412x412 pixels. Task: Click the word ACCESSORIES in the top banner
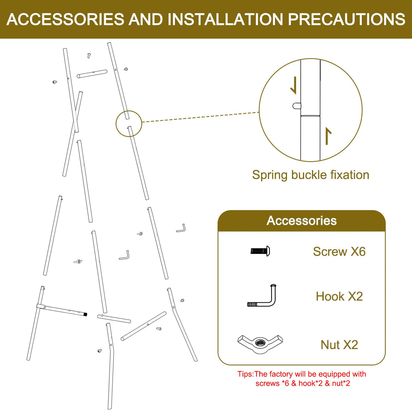pyautogui.click(x=65, y=19)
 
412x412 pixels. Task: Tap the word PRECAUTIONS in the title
pyautogui.click(x=347, y=19)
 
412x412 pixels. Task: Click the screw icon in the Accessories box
pyautogui.click(x=260, y=251)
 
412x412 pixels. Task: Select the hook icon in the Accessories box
pyautogui.click(x=262, y=296)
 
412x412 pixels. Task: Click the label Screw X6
pyautogui.click(x=339, y=251)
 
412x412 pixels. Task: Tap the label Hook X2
pyautogui.click(x=339, y=296)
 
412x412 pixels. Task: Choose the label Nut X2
pyautogui.click(x=339, y=345)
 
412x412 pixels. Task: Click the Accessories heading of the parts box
pyautogui.click(x=301, y=221)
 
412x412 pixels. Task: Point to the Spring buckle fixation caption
pyautogui.click(x=310, y=175)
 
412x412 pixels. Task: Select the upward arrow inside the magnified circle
pyautogui.click(x=327, y=136)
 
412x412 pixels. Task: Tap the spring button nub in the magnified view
pyautogui.click(x=297, y=106)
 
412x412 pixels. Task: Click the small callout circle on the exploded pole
pyautogui.click(x=129, y=124)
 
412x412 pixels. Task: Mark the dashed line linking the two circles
pyautogui.click(x=200, y=117)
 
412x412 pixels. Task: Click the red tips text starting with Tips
pyautogui.click(x=302, y=379)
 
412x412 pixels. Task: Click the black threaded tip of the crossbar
pyautogui.click(x=86, y=315)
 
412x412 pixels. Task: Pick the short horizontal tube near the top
pyautogui.click(x=92, y=74)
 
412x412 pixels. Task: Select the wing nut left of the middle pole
pyautogui.click(x=78, y=261)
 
